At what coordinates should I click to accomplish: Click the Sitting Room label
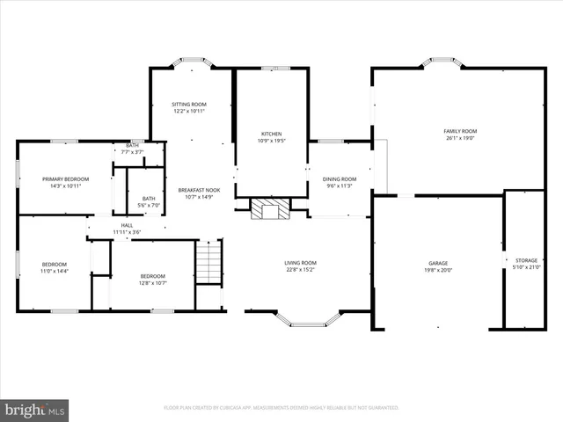(x=189, y=105)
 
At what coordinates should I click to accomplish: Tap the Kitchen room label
(x=270, y=134)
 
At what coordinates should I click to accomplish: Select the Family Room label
(x=458, y=131)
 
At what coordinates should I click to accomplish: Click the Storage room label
(x=526, y=260)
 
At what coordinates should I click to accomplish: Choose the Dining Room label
(x=339, y=178)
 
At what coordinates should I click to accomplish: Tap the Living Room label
(x=300, y=263)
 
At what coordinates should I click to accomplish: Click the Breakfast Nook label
(x=198, y=190)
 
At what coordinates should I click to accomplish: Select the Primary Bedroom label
(x=65, y=179)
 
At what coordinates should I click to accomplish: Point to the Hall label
(x=127, y=226)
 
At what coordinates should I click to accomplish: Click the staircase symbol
(x=208, y=261)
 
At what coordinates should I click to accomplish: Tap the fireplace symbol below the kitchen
(x=270, y=208)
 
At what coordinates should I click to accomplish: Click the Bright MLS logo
(x=35, y=409)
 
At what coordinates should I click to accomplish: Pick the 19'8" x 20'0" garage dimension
(x=438, y=271)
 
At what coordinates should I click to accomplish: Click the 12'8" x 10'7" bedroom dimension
(x=152, y=283)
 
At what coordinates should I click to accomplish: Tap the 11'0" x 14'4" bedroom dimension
(x=54, y=271)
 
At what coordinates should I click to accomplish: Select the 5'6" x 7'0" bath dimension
(x=149, y=205)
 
